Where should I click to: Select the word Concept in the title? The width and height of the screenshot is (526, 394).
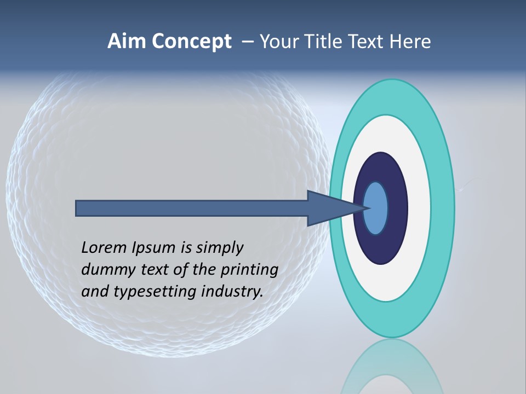tap(192, 42)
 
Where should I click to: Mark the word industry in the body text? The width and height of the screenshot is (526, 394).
tap(232, 292)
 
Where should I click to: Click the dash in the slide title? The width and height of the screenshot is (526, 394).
tap(248, 42)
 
